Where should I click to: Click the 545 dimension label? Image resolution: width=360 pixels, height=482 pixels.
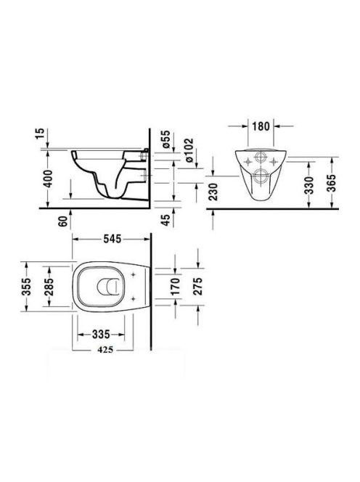pyautogui.click(x=112, y=239)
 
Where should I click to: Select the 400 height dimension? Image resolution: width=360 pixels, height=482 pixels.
pyautogui.click(x=48, y=179)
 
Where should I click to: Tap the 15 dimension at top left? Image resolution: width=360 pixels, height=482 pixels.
pyautogui.click(x=40, y=134)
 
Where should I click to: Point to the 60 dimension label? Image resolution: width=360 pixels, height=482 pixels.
pyautogui.click(x=63, y=221)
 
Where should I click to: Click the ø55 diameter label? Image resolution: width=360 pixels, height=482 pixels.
pyautogui.click(x=165, y=139)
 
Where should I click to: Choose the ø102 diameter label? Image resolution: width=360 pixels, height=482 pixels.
pyautogui.click(x=189, y=150)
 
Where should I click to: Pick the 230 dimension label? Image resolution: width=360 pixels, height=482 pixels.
pyautogui.click(x=213, y=192)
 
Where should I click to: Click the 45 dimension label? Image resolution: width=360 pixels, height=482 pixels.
pyautogui.click(x=165, y=220)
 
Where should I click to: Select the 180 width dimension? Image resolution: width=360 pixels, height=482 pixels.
pyautogui.click(x=261, y=126)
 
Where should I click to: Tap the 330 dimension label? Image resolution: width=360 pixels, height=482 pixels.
pyautogui.click(x=310, y=185)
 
